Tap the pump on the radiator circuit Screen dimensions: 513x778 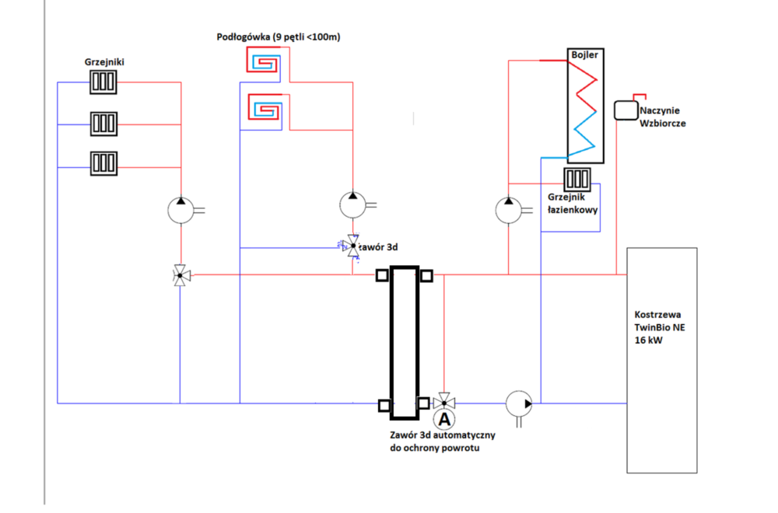point(180,210)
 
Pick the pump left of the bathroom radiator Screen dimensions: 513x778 point(507,210)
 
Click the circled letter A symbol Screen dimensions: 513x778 point(444,420)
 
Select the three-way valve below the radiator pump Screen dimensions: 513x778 point(180,274)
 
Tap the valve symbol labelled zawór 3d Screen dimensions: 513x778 point(353,247)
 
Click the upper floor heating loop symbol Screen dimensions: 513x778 point(265,60)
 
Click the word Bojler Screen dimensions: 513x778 point(583,55)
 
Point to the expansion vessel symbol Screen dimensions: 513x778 point(625,110)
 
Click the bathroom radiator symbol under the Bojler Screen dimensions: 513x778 point(578,178)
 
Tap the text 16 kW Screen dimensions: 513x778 point(648,340)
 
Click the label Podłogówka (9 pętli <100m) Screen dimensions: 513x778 point(279,37)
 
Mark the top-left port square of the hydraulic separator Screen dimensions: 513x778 point(382,274)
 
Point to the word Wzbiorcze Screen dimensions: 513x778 point(662,124)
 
